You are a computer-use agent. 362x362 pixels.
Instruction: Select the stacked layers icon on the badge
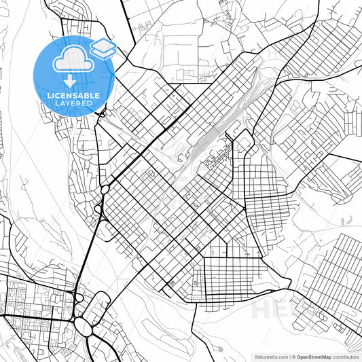coord(103,48)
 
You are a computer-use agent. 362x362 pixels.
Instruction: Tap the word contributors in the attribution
coord(346,356)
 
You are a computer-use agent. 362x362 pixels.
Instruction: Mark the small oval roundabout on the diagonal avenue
coord(106,188)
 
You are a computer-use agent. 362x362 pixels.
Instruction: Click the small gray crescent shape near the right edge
coord(348,220)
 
